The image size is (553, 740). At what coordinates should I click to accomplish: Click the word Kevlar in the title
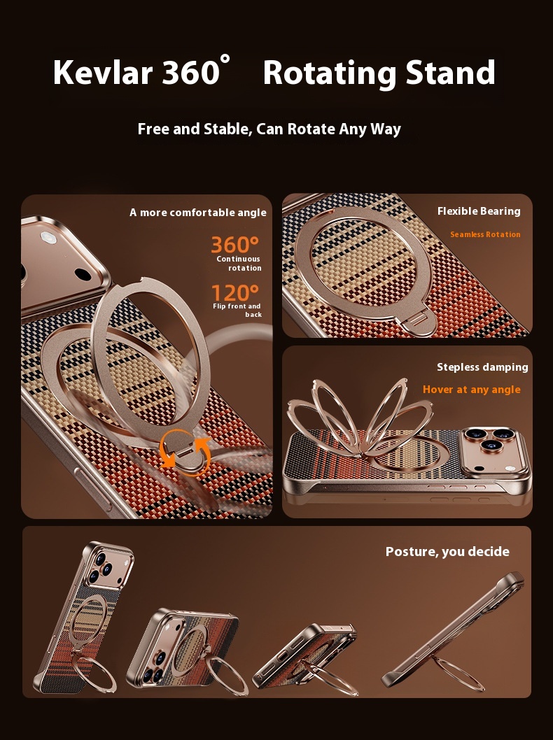coord(103,72)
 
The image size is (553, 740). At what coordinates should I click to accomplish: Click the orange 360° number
coord(234,245)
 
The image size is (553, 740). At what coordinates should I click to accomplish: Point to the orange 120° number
coord(234,292)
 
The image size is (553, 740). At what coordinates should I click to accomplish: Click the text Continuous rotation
coord(239,264)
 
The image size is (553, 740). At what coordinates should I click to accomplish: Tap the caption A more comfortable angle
coord(198,213)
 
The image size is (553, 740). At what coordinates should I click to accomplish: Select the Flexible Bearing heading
coord(479,211)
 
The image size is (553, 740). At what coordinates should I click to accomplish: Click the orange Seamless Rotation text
coord(486,234)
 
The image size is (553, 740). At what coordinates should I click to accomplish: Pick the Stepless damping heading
coord(482,367)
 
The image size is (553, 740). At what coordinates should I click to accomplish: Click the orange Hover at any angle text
coord(471,390)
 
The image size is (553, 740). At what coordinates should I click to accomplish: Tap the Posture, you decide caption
coord(448,552)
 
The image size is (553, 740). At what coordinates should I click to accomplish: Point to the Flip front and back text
coord(237,310)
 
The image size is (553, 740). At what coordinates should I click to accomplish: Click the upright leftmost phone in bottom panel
coord(85,618)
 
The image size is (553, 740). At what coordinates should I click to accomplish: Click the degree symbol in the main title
coord(225,59)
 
